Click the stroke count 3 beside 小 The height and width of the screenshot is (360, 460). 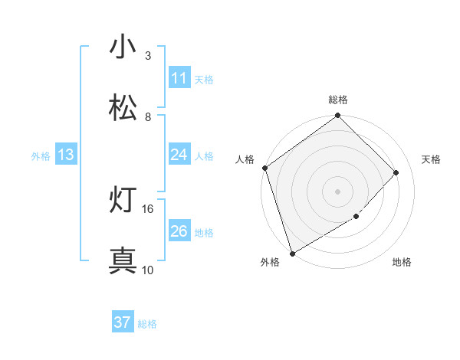[148, 56]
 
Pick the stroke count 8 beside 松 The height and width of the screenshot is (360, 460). [148, 117]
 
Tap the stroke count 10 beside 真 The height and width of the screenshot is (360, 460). [148, 270]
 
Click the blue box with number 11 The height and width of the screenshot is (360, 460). [179, 78]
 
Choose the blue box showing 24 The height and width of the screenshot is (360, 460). [179, 155]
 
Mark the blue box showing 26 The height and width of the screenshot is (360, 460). [179, 231]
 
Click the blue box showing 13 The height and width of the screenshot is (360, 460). [66, 155]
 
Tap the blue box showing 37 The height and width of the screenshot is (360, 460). [122, 322]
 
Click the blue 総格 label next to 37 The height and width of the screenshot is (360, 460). [148, 324]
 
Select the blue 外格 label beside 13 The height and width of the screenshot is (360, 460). [41, 156]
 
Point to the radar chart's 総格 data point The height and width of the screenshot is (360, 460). [337, 116]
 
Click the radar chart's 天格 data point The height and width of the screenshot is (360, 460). [396, 172]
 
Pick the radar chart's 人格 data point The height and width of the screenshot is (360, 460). [264, 168]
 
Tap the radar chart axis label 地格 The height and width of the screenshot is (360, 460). [402, 263]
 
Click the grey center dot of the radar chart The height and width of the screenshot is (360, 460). [337, 191]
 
